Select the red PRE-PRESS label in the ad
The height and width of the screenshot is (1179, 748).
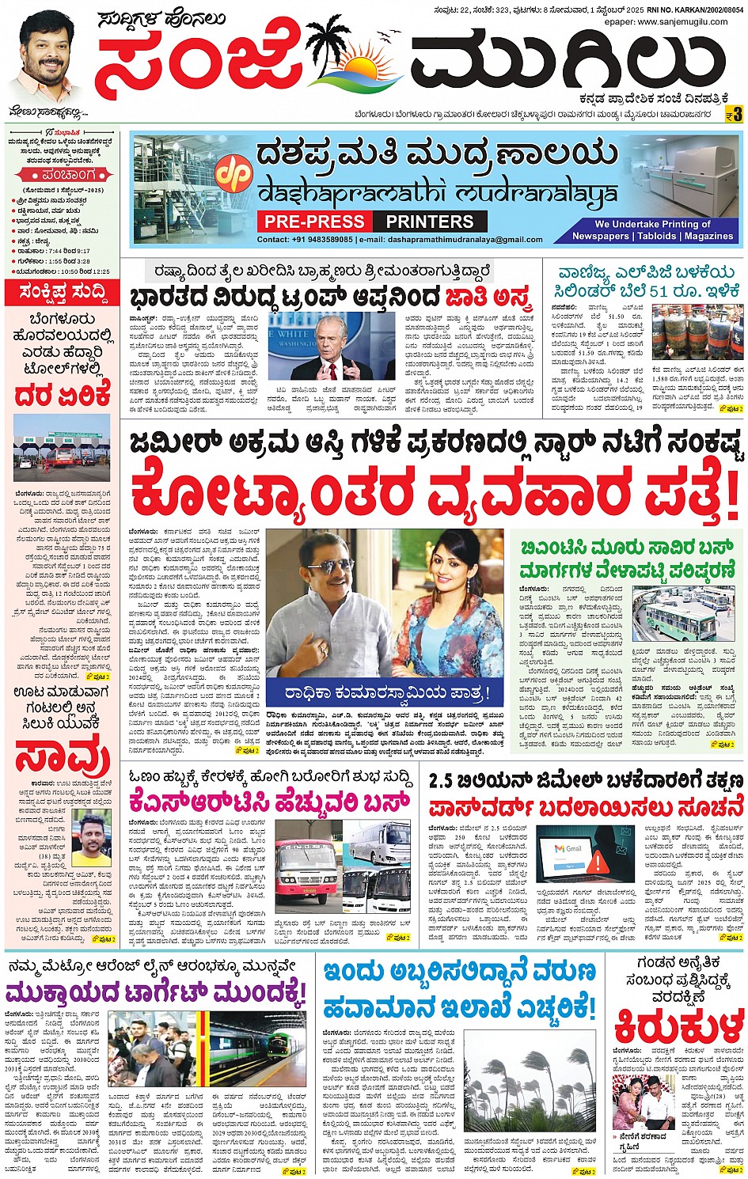314,222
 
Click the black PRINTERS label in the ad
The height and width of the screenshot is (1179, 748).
430,222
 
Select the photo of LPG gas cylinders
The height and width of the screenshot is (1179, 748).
697,333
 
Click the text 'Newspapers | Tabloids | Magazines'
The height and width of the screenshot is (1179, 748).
653,236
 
